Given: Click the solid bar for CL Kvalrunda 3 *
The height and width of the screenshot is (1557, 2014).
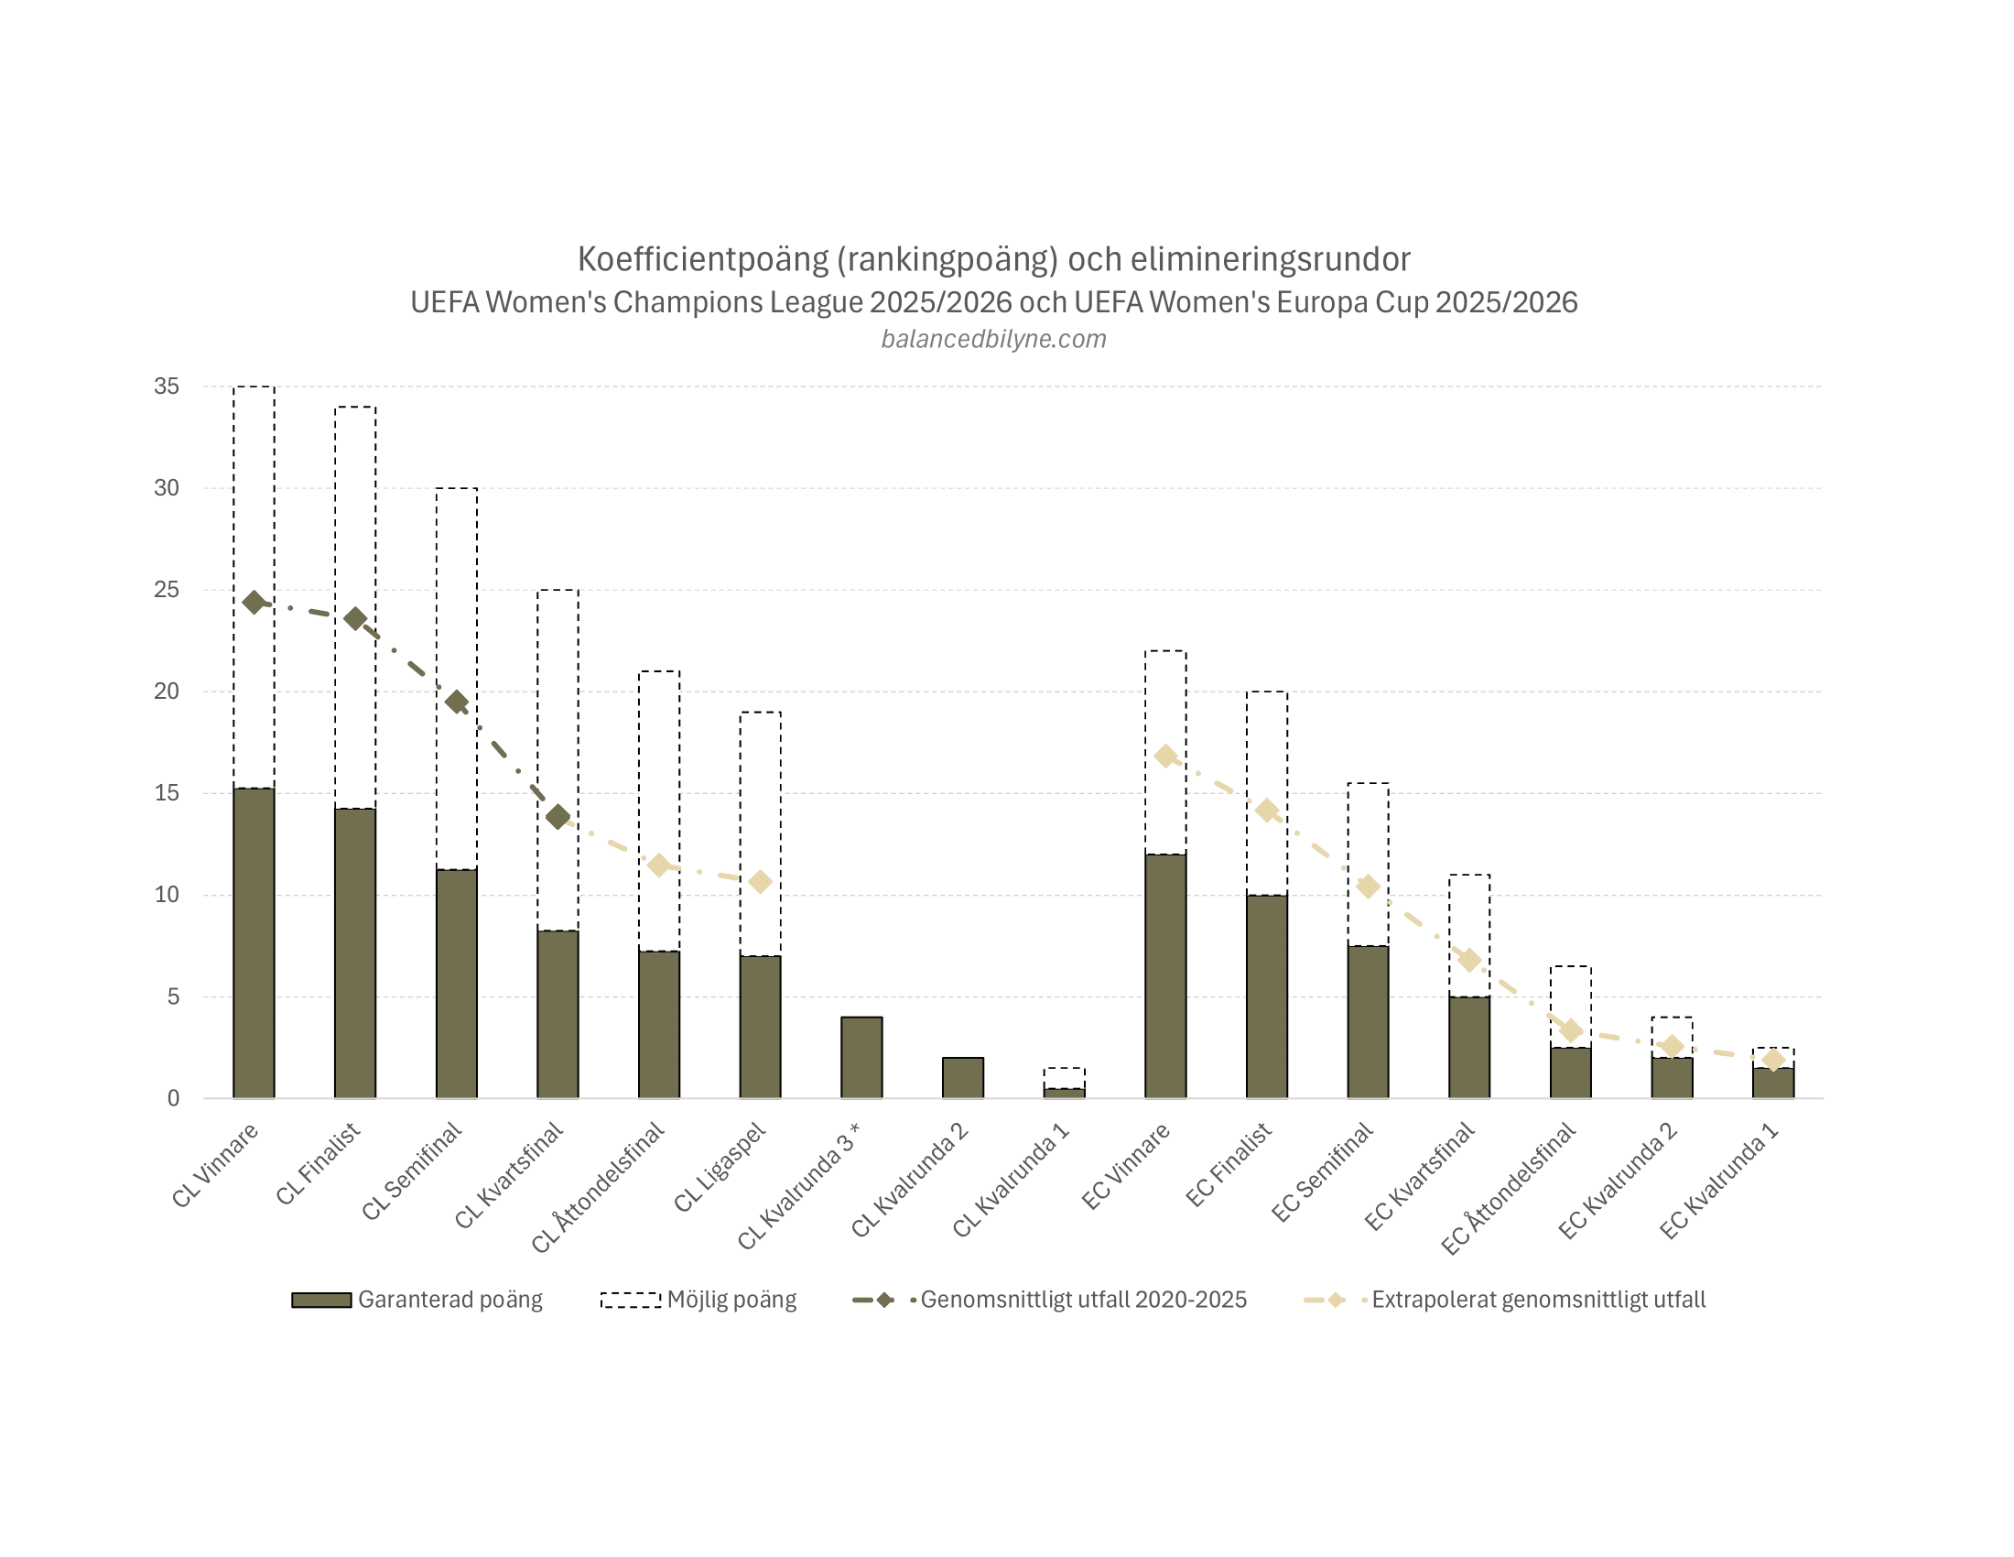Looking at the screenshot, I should [x=861, y=1057].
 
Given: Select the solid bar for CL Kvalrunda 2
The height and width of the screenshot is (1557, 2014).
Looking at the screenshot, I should [x=963, y=1077].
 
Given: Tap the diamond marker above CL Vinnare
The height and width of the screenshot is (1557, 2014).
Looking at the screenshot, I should [x=254, y=603].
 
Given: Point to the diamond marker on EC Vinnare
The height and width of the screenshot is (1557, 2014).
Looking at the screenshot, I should [x=1165, y=757].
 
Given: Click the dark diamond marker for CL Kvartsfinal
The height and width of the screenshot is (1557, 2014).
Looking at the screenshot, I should [x=558, y=816].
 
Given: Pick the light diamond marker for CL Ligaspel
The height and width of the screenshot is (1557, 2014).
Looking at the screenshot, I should [x=760, y=882].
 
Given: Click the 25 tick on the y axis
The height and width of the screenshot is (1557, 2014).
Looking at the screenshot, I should [x=167, y=590].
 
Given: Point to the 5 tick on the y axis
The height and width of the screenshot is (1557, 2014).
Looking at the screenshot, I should [x=172, y=996].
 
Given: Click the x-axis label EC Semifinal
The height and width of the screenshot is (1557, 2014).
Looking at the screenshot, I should [x=1324, y=1173].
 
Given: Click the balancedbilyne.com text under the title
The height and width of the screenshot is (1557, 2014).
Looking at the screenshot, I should [x=993, y=339].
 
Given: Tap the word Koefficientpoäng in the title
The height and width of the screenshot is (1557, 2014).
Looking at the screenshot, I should [x=703, y=259].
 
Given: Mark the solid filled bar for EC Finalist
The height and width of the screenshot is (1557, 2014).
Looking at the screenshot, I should [x=1267, y=996].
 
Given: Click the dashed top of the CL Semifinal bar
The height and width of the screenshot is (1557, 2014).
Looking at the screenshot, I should [x=457, y=488].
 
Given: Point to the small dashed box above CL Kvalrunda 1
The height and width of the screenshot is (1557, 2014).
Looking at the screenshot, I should [x=1064, y=1077].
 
